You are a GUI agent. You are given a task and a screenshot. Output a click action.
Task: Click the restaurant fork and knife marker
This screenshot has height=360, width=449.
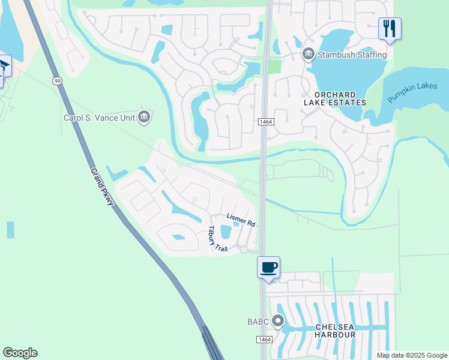tap(390, 28)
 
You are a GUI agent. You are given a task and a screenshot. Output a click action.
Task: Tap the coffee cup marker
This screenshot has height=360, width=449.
tap(268, 268)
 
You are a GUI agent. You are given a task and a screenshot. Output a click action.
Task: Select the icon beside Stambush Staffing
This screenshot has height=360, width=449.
tap(309, 55)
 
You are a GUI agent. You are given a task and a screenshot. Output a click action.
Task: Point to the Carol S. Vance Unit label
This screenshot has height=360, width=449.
tap(99, 118)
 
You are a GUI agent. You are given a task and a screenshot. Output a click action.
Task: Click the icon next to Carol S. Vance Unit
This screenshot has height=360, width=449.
tap(143, 117)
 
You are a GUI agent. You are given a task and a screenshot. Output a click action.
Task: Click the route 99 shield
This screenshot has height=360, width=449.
tap(56, 80)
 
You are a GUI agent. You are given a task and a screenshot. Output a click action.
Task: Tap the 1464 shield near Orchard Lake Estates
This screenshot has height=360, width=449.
tap(266, 122)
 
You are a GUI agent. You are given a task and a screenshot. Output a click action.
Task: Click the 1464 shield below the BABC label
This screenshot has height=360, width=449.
tap(265, 340)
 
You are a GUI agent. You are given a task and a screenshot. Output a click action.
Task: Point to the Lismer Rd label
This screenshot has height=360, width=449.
tap(241, 220)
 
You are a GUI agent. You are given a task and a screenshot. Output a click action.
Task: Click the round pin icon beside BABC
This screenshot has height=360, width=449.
tap(277, 321)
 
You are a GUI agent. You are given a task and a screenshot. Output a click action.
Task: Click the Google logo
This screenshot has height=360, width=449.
tap(20, 353)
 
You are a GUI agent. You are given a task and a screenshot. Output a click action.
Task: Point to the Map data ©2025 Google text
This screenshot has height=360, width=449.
tap(412, 355)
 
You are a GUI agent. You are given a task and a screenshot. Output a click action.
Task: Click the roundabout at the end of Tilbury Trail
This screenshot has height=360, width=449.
tap(244, 250)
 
